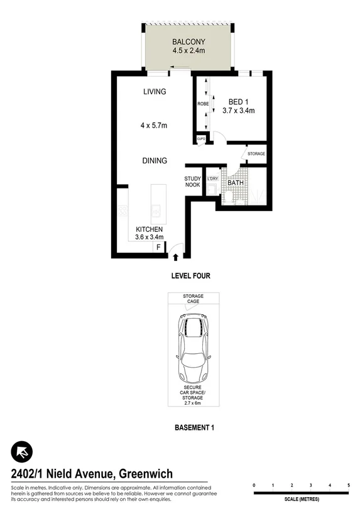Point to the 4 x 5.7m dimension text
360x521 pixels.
153,126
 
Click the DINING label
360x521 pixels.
154,161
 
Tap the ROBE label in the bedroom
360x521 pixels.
202,104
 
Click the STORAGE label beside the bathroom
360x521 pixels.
256,154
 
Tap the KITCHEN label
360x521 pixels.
150,229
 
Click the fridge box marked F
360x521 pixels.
158,248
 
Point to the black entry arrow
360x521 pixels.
176,256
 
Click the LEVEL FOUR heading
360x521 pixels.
190,276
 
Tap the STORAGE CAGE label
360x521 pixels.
193,299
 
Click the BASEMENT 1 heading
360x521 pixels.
194,428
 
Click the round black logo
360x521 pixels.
22,452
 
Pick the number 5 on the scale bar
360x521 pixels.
348,486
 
